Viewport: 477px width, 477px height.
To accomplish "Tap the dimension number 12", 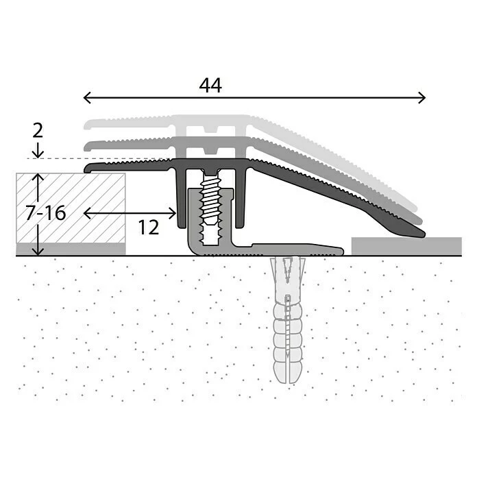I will click(148, 228).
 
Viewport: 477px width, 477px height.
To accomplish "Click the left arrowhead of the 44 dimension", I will click(86, 98).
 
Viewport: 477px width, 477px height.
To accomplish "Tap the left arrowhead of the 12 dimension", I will click(86, 213).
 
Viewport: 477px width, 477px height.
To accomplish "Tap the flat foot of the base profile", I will click(295, 248).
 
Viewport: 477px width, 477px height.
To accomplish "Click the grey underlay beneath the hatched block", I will click(71, 249).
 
